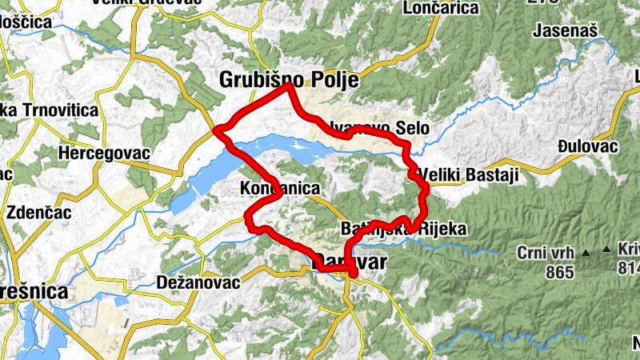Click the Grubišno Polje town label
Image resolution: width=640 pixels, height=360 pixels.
pyautogui.click(x=287, y=81)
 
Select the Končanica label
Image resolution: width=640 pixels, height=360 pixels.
pyautogui.click(x=279, y=189)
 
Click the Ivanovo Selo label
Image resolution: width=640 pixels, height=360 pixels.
pyautogui.click(x=381, y=128)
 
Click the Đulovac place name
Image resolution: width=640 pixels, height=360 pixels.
pyautogui.click(x=590, y=146)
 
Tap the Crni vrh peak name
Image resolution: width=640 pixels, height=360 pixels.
pyautogui.click(x=546, y=254)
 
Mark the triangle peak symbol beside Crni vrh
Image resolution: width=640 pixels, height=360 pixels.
pyautogui.click(x=585, y=253)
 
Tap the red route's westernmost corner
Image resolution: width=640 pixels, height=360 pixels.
pyautogui.click(x=217, y=130)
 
